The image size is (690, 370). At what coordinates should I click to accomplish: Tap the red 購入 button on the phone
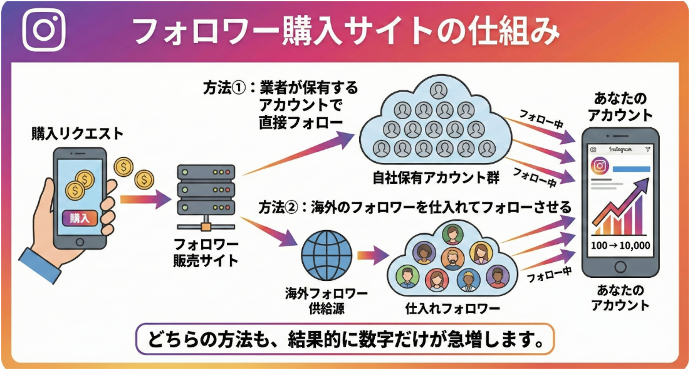80,218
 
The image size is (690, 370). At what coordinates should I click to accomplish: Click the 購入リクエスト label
78,134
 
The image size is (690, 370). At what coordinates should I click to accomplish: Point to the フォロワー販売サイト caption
206,253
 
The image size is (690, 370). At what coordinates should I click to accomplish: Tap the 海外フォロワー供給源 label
325,301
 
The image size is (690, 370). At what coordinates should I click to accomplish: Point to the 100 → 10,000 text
620,245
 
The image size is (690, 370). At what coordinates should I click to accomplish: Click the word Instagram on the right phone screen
620,150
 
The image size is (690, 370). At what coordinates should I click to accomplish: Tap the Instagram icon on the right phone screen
599,166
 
